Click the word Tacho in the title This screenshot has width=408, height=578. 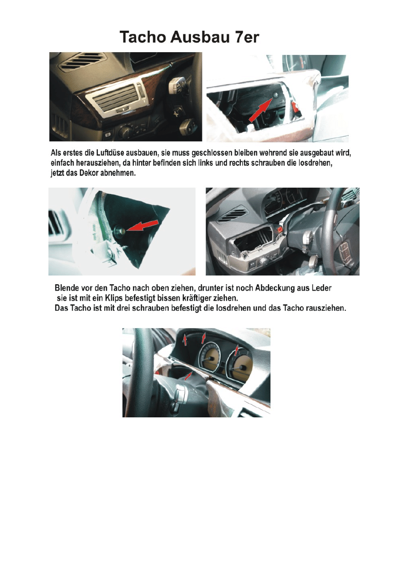pos(143,37)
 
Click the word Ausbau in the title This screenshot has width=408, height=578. pos(200,37)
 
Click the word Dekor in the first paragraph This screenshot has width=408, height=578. pos(89,173)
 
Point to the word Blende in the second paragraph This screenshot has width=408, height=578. pos(66,288)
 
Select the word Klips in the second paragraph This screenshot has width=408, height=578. pos(112,298)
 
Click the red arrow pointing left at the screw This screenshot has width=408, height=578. pos(143,225)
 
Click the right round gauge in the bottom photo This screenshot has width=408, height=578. pos(239,364)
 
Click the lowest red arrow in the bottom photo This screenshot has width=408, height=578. pos(189,376)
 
